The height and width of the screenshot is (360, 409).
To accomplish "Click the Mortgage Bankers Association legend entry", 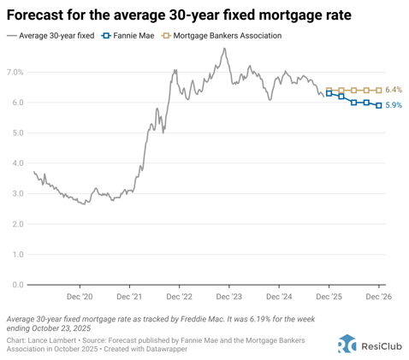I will [x=220, y=36].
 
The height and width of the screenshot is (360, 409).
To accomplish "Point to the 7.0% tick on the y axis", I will [x=15, y=72].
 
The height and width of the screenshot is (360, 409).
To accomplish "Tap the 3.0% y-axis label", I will [x=15, y=193].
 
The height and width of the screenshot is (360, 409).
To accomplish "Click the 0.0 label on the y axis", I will [x=15, y=285].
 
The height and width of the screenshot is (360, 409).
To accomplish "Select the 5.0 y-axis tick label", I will [x=15, y=133].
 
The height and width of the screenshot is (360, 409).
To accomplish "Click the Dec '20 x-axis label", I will [x=80, y=296].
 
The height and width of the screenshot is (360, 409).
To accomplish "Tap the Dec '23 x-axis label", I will [x=229, y=296].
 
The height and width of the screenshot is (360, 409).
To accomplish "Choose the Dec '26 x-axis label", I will [x=378, y=296].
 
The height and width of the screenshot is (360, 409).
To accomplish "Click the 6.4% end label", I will [x=394, y=90].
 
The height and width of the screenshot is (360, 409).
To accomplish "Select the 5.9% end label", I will [x=394, y=105].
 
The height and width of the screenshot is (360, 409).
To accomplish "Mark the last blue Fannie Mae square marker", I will [x=379, y=105].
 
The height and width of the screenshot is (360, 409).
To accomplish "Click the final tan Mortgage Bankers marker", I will [x=379, y=90].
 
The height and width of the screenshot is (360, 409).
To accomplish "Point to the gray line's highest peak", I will [x=224, y=49].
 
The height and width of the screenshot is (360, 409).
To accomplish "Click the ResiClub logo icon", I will [x=347, y=343].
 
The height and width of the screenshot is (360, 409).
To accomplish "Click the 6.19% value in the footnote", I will [x=258, y=316].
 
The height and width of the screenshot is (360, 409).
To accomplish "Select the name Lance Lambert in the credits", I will [x=53, y=339].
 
